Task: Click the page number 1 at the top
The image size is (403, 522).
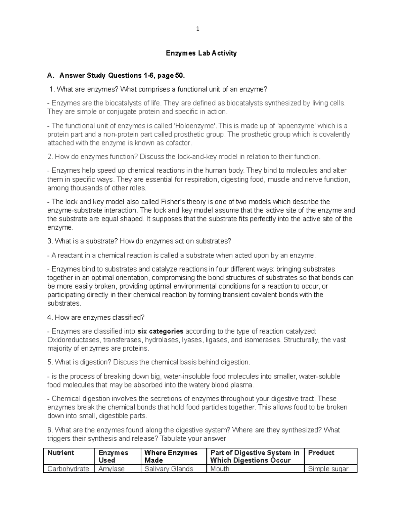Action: coord(198,29)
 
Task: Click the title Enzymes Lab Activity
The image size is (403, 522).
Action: coord(201,53)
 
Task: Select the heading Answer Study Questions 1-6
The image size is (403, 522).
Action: coord(122,75)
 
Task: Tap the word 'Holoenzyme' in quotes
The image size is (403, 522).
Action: coord(195,126)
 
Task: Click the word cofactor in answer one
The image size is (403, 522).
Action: coord(180,143)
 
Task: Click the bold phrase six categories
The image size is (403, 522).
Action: coord(161,331)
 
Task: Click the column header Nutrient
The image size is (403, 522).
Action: coord(61,453)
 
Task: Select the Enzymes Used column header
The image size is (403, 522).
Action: coord(113,456)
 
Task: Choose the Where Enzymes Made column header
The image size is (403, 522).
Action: coord(171,456)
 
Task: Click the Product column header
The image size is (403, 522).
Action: coord(321,453)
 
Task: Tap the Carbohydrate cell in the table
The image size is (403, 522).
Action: coord(68,469)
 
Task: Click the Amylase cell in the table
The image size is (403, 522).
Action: coord(111,469)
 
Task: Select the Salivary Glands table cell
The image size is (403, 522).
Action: coord(169,469)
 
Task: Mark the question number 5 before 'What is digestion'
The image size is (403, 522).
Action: coord(50,362)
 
